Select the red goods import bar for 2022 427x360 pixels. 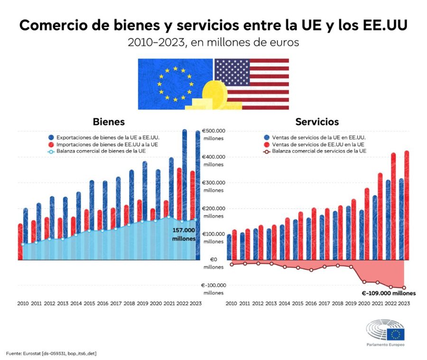coord(179,214)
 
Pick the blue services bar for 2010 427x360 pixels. coord(229,247)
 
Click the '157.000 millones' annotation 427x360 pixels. coord(183,234)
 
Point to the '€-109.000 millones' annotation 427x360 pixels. coord(389,293)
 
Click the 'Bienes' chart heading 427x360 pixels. coord(109,122)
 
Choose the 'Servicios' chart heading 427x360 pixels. coord(317,122)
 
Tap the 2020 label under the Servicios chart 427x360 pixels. coord(364,303)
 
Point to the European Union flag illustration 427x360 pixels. coord(175,84)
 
